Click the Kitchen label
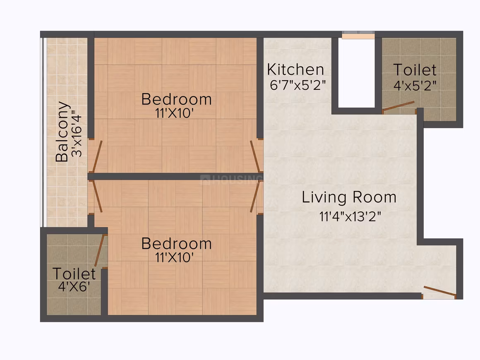tap(295, 70)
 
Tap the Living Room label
tap(349, 197)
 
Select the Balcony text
tap(62, 131)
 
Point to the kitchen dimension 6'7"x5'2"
tap(297, 85)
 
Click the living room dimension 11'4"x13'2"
tap(350, 216)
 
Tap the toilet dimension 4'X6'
tap(74, 287)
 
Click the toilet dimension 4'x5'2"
tap(415, 85)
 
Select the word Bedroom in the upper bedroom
tap(177, 99)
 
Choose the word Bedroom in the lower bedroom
tap(177, 244)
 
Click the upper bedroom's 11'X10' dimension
tap(175, 113)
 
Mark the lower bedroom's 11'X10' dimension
tap(175, 257)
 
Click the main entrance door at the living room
tap(439, 292)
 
